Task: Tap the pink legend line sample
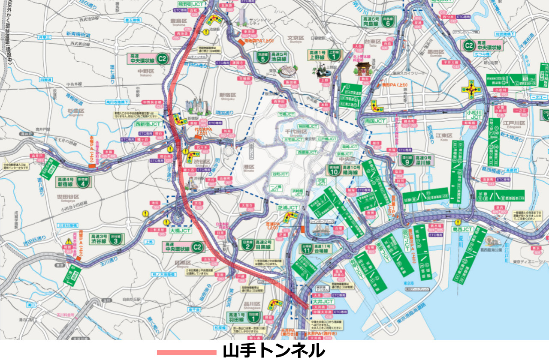click(x=186, y=352)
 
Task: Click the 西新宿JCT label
click(x=148, y=124)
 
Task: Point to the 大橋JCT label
click(x=180, y=231)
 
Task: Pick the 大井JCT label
click(x=322, y=301)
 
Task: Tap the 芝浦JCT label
click(x=287, y=207)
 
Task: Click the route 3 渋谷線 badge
click(x=115, y=241)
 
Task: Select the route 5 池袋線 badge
click(x=263, y=60)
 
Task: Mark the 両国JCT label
click(x=376, y=121)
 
